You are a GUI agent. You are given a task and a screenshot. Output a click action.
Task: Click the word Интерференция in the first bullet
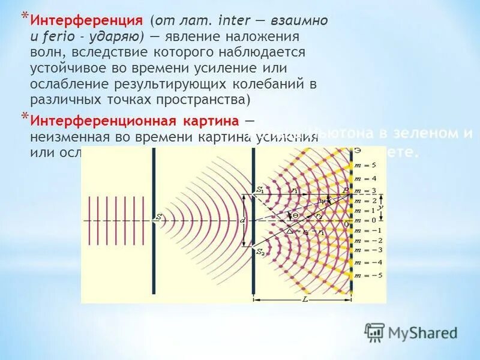(x=86, y=20)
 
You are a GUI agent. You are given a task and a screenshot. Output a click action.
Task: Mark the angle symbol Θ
(x=295, y=215)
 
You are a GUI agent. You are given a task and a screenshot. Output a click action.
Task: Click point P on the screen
(x=344, y=191)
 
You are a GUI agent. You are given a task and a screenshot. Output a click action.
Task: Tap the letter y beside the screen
(x=380, y=207)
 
